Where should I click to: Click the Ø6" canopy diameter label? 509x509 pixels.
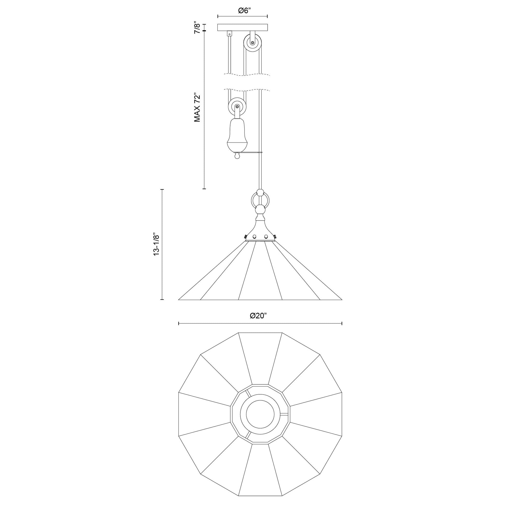coord(244,11)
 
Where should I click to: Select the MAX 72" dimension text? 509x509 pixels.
coord(197,107)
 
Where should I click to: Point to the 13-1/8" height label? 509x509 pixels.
coord(157,244)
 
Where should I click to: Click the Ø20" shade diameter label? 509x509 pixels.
coord(258,316)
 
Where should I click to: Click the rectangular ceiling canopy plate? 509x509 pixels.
coord(242,27)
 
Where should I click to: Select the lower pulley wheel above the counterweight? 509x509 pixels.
coord(237,107)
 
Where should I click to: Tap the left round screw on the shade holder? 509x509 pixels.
coord(254,236)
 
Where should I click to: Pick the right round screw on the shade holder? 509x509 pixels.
coord(266,236)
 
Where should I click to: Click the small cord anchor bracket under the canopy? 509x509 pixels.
coord(230,34)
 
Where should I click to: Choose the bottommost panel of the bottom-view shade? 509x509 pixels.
coord(260,466)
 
